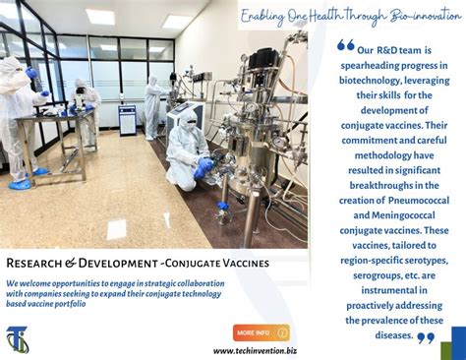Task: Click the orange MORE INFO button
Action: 262,332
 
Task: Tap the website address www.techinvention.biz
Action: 255,351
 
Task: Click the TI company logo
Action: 18,339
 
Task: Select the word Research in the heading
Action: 33,263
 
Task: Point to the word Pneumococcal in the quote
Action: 419,201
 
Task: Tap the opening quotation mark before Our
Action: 346,45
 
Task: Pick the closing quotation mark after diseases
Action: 426,337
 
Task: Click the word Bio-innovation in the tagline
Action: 426,16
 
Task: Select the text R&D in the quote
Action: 387,50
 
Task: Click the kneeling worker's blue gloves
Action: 203,166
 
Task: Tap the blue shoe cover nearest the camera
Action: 20,185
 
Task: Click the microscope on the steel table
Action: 79,97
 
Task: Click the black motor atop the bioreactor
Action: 262,58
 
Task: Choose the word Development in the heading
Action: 118,263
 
